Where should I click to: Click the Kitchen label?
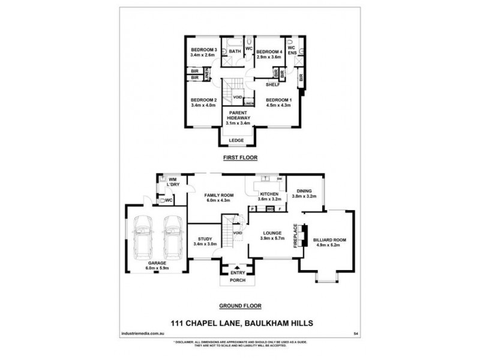[x=269, y=194]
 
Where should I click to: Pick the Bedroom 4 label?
[x=269, y=52]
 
